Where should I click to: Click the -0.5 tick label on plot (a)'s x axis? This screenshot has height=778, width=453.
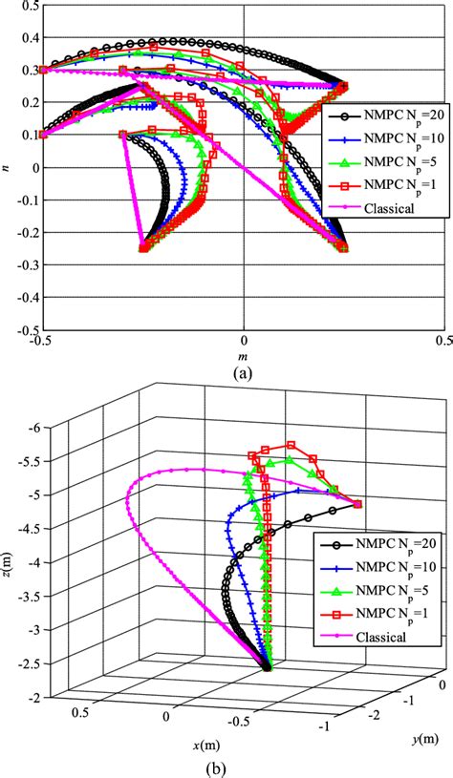[x=41, y=342]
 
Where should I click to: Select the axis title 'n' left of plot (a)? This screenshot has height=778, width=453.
[x=7, y=168]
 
